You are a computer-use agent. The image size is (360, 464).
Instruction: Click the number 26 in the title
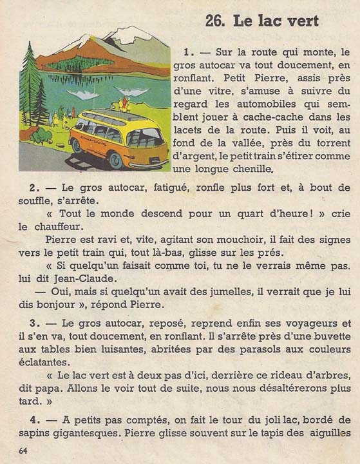pos(214,21)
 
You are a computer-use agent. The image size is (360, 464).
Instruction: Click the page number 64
pos(24,449)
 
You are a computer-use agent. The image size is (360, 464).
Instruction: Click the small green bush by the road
pos(41,135)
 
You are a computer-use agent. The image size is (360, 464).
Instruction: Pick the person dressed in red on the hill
pos(124,102)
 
